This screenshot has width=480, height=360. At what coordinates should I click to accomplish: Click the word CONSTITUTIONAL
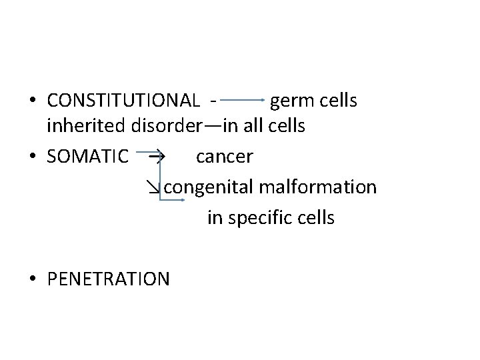[123, 101]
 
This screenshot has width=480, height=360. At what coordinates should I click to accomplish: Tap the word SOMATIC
[88, 157]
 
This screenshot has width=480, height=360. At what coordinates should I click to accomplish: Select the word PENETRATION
[109, 278]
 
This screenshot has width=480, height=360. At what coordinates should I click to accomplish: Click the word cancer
[224, 157]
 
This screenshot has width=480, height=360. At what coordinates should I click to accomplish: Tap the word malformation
[317, 187]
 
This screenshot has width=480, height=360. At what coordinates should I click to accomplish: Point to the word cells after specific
[313, 217]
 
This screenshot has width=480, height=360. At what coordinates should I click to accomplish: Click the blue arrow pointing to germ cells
[243, 101]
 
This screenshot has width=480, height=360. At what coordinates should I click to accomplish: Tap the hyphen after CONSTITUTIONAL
[211, 101]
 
